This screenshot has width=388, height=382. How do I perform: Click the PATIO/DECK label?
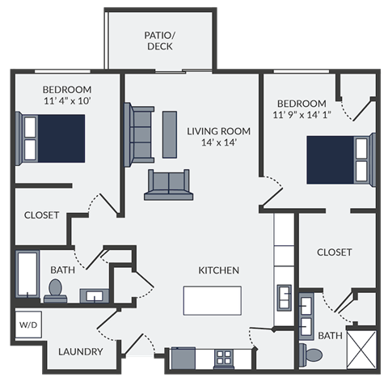(160, 40)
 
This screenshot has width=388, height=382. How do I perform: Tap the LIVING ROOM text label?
(218, 130)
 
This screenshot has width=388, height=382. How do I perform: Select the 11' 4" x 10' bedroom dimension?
(56, 102)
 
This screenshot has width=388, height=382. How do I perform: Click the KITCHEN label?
(218, 270)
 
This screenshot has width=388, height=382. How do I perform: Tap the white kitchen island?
(212, 299)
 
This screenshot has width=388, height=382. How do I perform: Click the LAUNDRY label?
(80, 351)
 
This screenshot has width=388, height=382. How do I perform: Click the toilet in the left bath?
(56, 289)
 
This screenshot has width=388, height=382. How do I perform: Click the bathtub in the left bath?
(27, 275)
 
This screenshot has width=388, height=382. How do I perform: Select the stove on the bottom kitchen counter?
(224, 356)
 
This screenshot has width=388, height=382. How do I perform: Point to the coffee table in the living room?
(170, 134)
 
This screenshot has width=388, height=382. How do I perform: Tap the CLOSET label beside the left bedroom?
(41, 215)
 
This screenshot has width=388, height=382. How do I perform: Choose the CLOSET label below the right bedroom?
(334, 253)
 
